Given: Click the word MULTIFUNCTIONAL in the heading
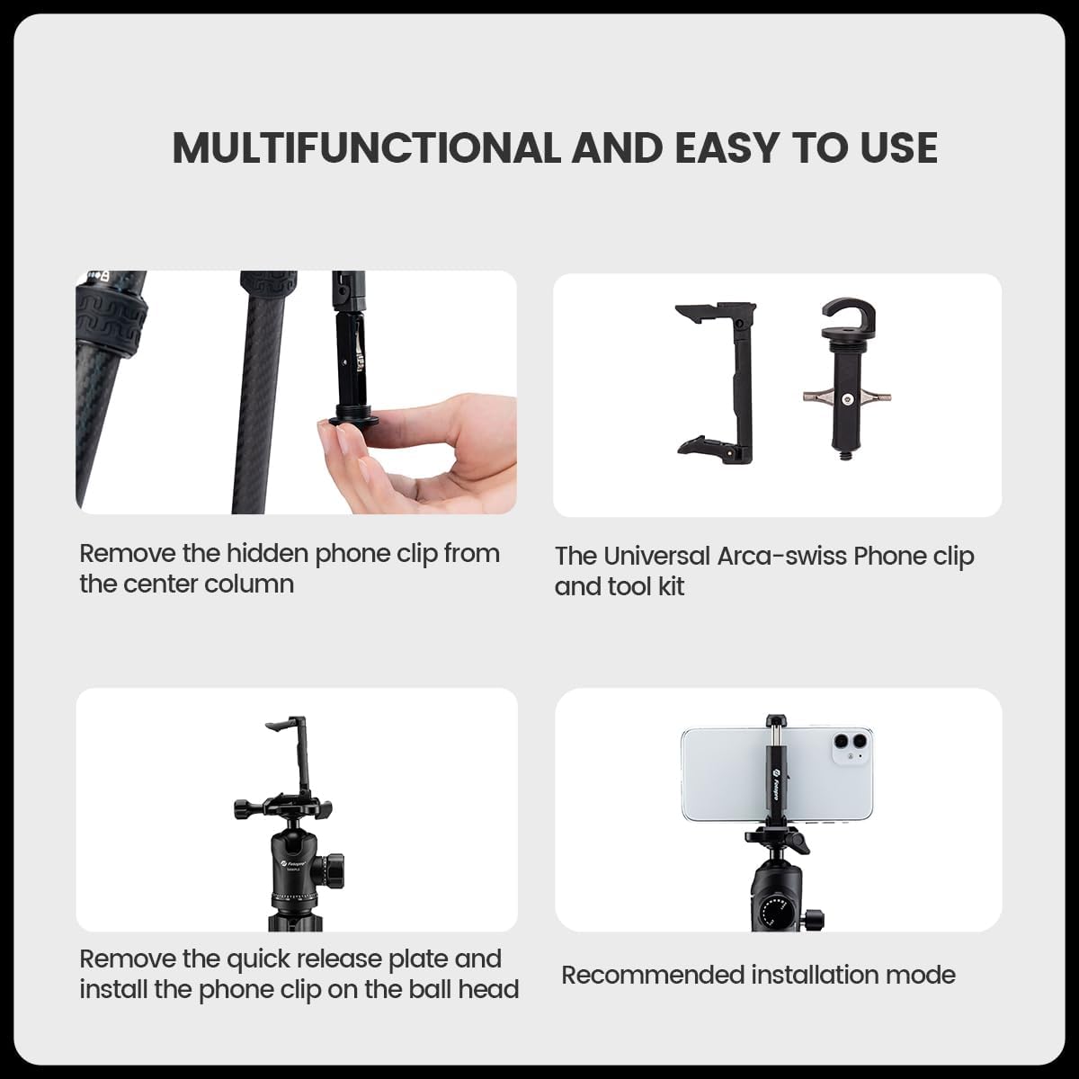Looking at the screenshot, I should point(365,148).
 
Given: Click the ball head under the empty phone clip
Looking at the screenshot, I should point(291,863).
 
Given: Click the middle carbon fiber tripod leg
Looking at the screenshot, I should point(261,405).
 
